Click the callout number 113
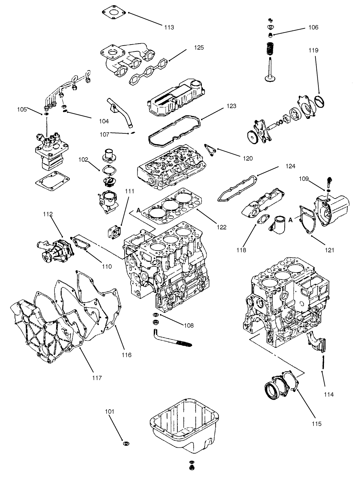coord(169,28)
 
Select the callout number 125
coord(198,48)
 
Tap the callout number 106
coord(313,28)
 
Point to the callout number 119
coord(313,50)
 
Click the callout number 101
coord(110,411)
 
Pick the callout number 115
coord(317,424)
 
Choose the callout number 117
coord(97,378)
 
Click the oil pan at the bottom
coord(184,426)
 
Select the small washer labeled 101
coord(126,444)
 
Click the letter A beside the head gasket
coord(139,210)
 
